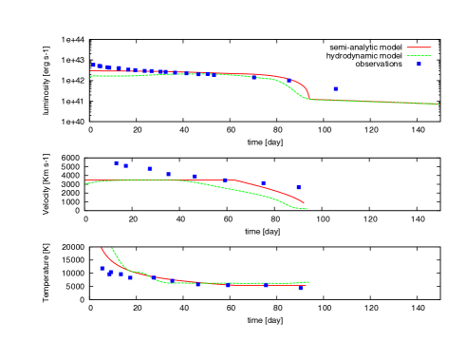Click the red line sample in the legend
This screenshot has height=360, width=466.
[418, 47]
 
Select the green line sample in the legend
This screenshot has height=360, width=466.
[418, 56]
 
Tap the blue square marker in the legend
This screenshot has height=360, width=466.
[418, 65]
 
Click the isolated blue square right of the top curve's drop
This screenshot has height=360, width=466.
[335, 88]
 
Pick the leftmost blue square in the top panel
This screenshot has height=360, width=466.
[93, 66]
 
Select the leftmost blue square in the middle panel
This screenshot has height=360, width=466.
[117, 162]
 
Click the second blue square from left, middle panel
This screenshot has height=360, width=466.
[125, 165]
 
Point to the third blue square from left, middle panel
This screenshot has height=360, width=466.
[150, 168]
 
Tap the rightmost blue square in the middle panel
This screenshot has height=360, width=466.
[298, 187]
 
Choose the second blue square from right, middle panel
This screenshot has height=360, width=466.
[263, 182]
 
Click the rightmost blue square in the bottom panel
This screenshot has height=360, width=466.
[301, 287]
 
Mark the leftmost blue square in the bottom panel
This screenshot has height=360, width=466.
[103, 268]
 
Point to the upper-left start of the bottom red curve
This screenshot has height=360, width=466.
[102, 249]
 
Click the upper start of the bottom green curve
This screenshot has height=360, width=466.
[112, 249]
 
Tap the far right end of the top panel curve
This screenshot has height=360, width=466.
[438, 104]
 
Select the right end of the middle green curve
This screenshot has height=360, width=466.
[306, 209]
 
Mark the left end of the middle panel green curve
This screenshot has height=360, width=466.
[85, 183]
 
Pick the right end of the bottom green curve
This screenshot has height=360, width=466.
[308, 281]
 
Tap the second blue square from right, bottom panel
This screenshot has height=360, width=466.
[266, 285]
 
